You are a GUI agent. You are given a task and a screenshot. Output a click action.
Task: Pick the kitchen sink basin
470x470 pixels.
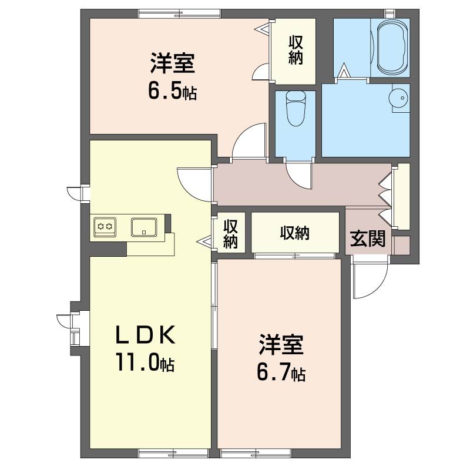point(144,226)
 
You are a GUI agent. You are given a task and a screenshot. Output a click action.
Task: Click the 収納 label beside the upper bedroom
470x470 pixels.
point(296,50)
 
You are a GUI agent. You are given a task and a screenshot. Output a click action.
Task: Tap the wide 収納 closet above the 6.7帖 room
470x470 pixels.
point(294,233)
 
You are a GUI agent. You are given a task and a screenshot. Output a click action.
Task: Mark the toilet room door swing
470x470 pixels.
point(298,173)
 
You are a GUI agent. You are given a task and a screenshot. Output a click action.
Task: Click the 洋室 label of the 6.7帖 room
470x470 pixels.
point(281,346)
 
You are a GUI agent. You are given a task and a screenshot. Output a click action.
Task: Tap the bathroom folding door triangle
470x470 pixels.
point(345,71)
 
